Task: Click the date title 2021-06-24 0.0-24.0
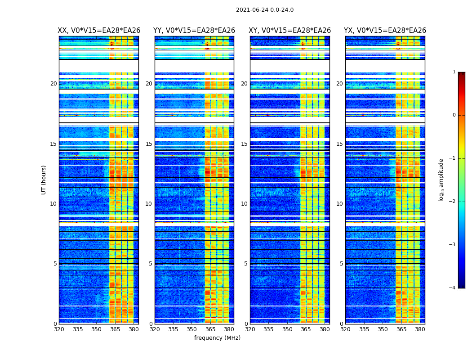click(x=264, y=10)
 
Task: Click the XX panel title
click(x=99, y=31)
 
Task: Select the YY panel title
click(x=194, y=31)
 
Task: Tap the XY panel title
click(x=290, y=31)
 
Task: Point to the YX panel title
click(x=385, y=31)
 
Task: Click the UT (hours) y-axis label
click(x=44, y=180)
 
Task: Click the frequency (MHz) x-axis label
click(x=217, y=338)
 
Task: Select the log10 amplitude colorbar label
click(x=441, y=180)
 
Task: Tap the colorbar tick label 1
click(x=454, y=72)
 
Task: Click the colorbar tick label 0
click(x=454, y=115)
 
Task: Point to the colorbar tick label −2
click(x=453, y=202)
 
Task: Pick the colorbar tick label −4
click(x=453, y=288)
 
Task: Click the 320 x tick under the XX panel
click(x=59, y=329)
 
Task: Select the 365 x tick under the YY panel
click(x=210, y=329)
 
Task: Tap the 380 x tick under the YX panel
click(x=420, y=329)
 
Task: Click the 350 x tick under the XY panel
click(x=287, y=329)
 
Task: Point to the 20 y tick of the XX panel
click(x=53, y=84)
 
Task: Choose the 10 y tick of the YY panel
click(x=149, y=204)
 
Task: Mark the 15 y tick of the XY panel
click(x=244, y=144)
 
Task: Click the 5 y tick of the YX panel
click(x=341, y=264)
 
